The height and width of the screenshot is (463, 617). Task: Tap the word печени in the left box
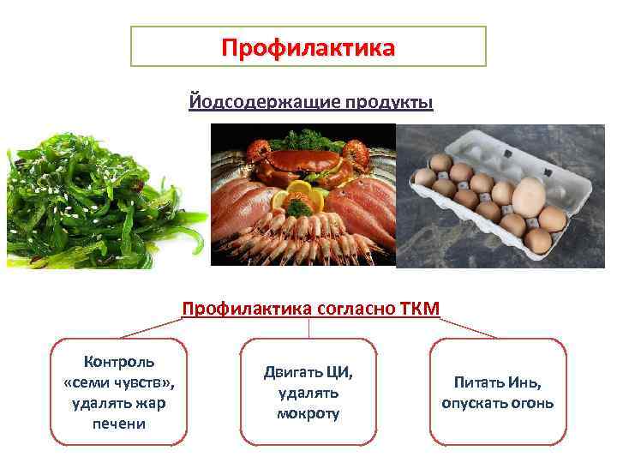tap(118, 424)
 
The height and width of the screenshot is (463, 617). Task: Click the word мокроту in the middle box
tap(308, 413)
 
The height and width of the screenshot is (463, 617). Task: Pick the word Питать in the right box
tap(478, 382)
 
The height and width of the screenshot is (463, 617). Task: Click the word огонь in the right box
tap(532, 403)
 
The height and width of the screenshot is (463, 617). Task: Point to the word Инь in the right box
tap(524, 382)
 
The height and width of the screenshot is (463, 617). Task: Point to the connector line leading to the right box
tap(471, 327)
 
